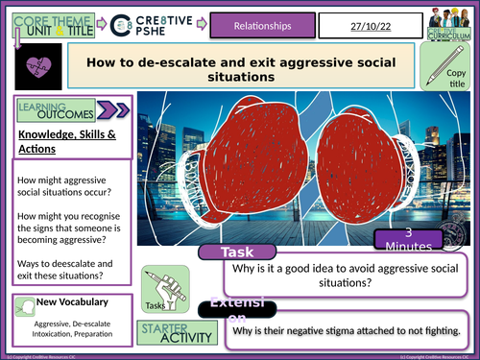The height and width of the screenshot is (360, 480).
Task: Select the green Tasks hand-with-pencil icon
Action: pos(157,285)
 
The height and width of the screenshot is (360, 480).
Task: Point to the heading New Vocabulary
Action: pos(73,304)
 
